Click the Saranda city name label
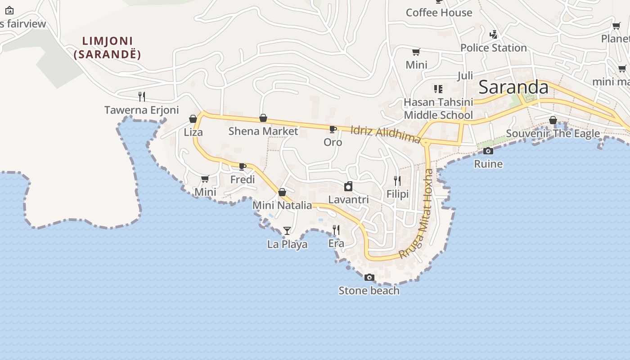click(513, 87)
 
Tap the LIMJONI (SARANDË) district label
click(108, 48)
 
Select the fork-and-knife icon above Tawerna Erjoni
click(141, 96)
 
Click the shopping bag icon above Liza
click(193, 119)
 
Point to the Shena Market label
click(263, 131)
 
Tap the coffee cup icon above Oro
click(333, 130)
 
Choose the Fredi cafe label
click(243, 180)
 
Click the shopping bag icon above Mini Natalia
click(282, 193)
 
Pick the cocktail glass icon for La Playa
click(287, 231)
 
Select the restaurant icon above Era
click(336, 230)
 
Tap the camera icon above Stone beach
click(369, 277)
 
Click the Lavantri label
click(348, 199)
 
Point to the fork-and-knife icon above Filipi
click(397, 181)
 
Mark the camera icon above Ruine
click(488, 151)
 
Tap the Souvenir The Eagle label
click(553, 133)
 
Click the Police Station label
click(493, 48)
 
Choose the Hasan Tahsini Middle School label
click(438, 108)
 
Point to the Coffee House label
click(439, 13)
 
